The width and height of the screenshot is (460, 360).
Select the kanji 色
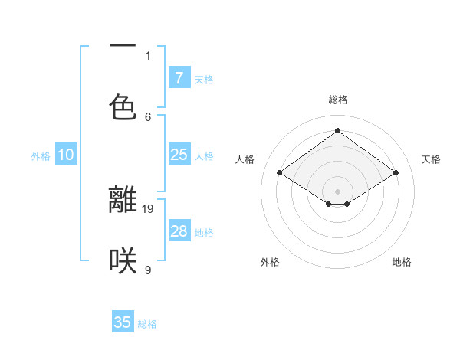(123, 106)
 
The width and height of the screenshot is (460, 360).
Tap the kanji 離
(123, 199)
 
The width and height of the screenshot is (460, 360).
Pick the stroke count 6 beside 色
(148, 116)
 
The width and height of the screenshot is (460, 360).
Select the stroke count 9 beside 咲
(148, 270)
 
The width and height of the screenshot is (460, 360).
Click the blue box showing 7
(179, 77)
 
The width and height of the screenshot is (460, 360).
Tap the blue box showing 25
(179, 155)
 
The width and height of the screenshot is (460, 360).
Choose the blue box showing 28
(179, 231)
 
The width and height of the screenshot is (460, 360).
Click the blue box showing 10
(66, 155)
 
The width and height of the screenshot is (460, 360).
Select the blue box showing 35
(123, 322)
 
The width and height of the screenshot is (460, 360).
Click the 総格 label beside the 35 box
(147, 324)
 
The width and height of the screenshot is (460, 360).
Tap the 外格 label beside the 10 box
(41, 156)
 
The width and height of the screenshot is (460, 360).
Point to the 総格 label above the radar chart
(337, 100)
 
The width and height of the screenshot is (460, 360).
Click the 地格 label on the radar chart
(402, 262)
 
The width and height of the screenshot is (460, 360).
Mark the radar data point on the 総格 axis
(337, 131)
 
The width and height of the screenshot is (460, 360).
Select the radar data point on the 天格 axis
(396, 173)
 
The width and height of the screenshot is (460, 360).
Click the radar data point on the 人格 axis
(280, 173)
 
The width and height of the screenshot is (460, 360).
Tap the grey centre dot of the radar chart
(337, 191)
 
